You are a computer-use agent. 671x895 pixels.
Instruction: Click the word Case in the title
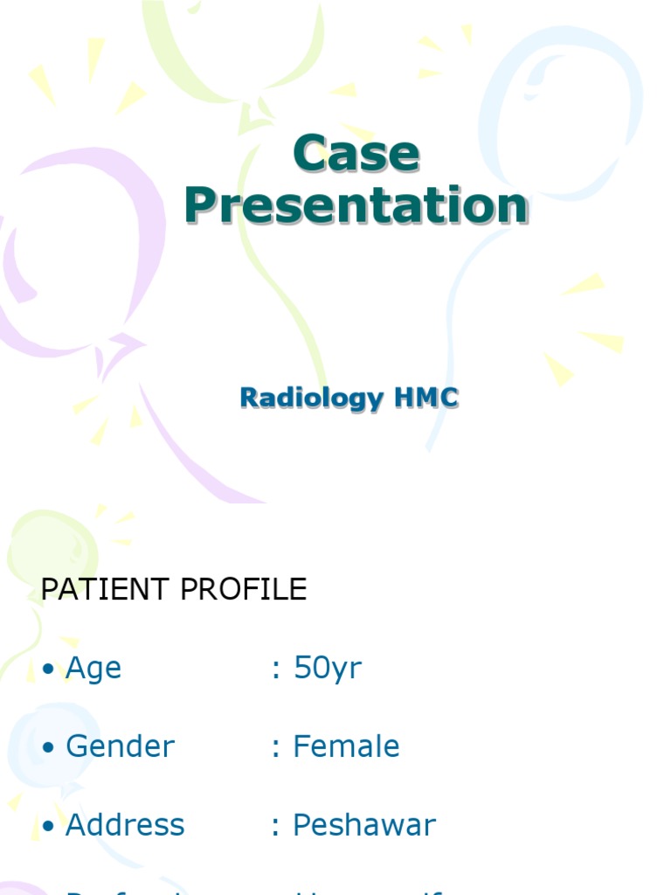356,154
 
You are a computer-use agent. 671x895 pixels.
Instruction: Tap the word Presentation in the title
356,206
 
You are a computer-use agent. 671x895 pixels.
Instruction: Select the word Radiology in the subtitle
312,399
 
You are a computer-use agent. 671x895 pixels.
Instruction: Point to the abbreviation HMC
426,398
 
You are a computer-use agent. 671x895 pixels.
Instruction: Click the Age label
93,670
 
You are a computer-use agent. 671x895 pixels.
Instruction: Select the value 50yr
328,669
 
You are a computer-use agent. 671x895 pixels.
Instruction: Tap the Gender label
120,747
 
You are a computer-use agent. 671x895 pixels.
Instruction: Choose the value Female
346,746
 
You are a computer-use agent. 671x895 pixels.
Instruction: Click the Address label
125,825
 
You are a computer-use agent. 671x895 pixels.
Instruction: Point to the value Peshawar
364,825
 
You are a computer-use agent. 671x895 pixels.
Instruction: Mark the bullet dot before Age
48,670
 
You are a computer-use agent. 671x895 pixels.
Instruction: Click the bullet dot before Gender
48,748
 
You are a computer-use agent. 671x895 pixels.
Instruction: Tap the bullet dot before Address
48,827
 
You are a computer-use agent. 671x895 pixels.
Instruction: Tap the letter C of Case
310,154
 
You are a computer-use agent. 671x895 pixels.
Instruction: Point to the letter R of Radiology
249,398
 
